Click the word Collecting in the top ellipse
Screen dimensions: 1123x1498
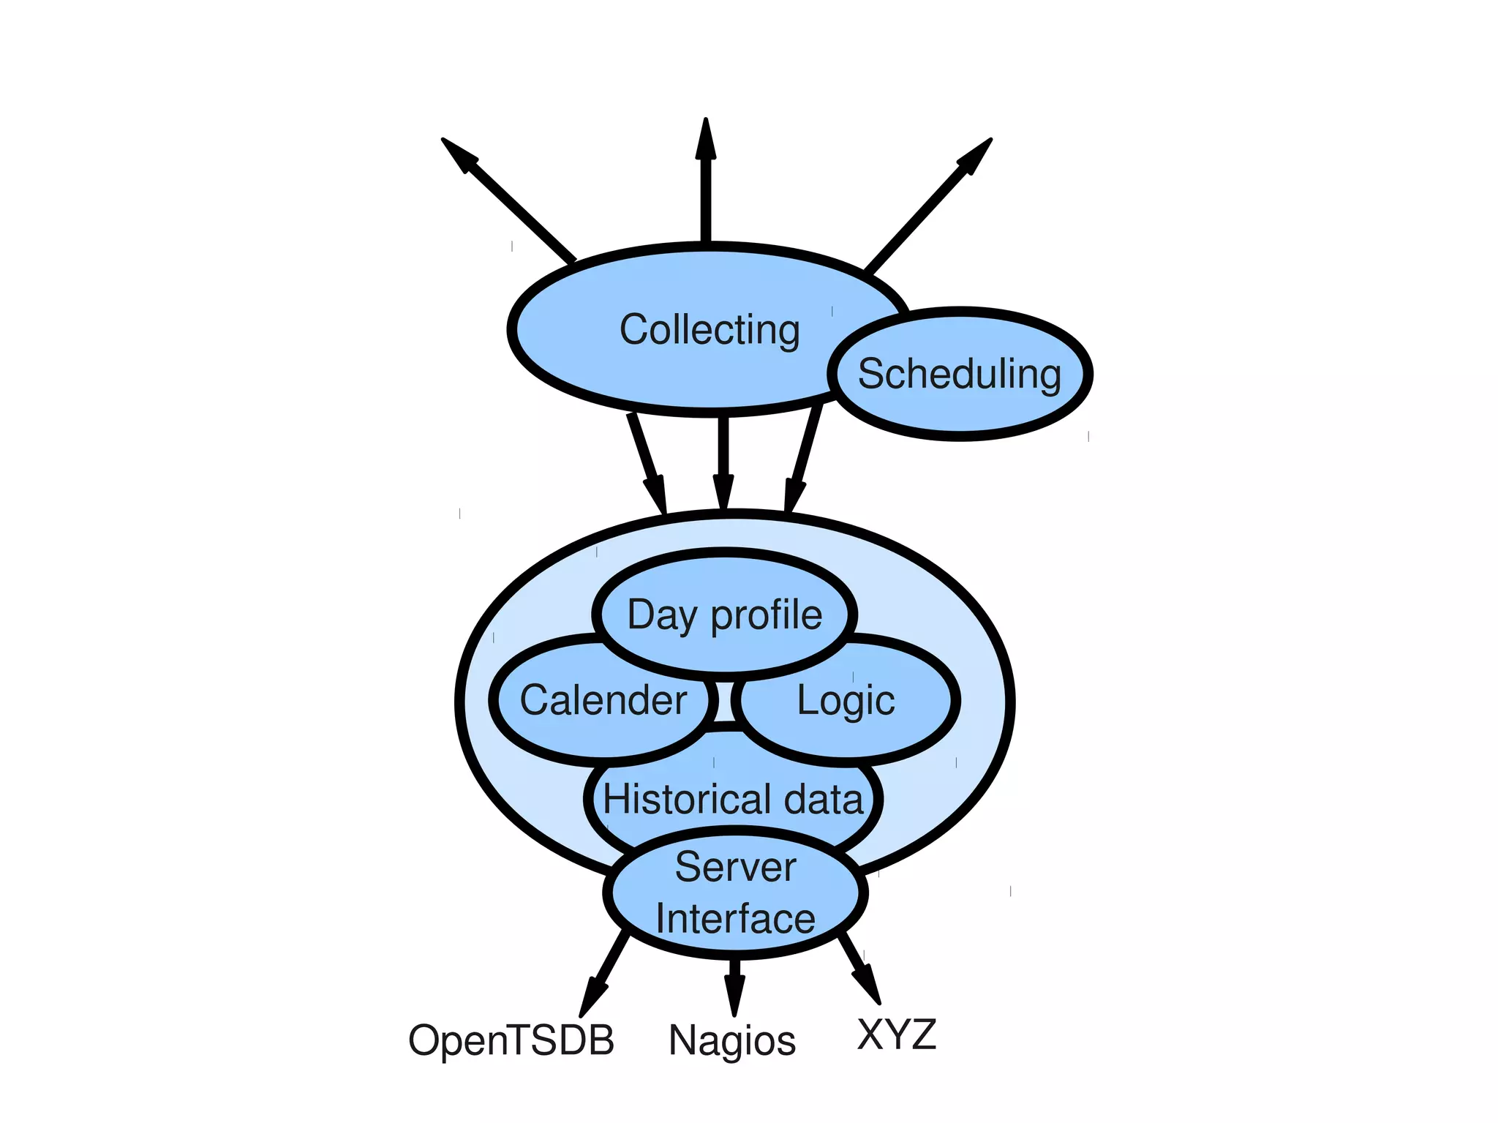click(709, 330)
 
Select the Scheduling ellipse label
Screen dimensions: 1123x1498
click(959, 374)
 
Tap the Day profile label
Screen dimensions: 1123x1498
click(724, 615)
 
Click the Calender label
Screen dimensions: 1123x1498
click(603, 700)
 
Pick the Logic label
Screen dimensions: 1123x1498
click(846, 700)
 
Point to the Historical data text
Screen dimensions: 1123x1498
click(733, 798)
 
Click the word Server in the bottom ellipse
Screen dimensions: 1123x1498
click(735, 868)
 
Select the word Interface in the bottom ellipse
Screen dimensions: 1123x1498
click(735, 919)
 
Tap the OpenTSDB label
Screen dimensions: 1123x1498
click(511, 1040)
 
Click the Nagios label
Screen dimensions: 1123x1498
click(731, 1040)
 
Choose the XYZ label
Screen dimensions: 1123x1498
click(896, 1034)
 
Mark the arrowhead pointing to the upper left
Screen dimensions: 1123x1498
click(459, 154)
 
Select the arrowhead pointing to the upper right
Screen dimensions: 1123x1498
click(976, 154)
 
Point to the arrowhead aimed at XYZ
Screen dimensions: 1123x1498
click(868, 985)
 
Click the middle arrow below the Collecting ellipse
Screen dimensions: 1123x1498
click(723, 461)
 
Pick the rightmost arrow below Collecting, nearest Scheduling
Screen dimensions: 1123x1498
click(804, 461)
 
